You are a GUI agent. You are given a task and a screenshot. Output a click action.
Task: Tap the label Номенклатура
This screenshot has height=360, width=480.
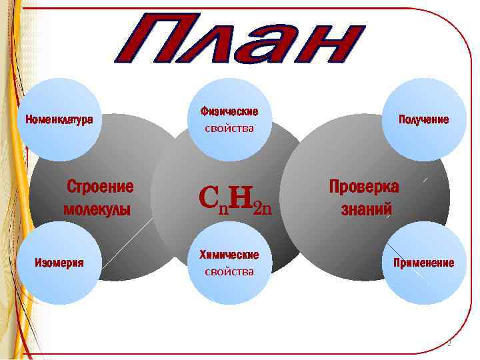(x=59, y=120)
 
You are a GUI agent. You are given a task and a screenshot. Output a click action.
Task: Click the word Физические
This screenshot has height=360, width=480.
(x=229, y=111)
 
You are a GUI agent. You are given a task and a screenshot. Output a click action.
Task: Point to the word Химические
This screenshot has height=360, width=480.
(x=229, y=255)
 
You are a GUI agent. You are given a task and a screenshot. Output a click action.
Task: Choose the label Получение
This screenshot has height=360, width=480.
(x=423, y=120)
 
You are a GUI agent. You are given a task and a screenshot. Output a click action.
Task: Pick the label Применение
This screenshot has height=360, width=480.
(x=423, y=263)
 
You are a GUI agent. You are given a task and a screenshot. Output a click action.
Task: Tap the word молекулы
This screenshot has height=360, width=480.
(x=97, y=209)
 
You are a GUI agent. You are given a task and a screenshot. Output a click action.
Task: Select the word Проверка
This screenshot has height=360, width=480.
(x=364, y=186)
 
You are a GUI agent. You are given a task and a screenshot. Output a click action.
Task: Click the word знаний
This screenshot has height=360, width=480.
(x=366, y=209)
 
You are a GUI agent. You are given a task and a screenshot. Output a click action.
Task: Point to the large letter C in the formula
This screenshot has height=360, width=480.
(x=209, y=197)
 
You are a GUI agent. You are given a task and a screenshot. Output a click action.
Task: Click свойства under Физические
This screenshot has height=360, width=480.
(x=229, y=128)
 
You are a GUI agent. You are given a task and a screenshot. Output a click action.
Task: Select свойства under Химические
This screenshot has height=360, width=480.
(x=229, y=271)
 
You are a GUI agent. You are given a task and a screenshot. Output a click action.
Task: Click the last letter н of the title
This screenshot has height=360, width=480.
(x=337, y=39)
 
